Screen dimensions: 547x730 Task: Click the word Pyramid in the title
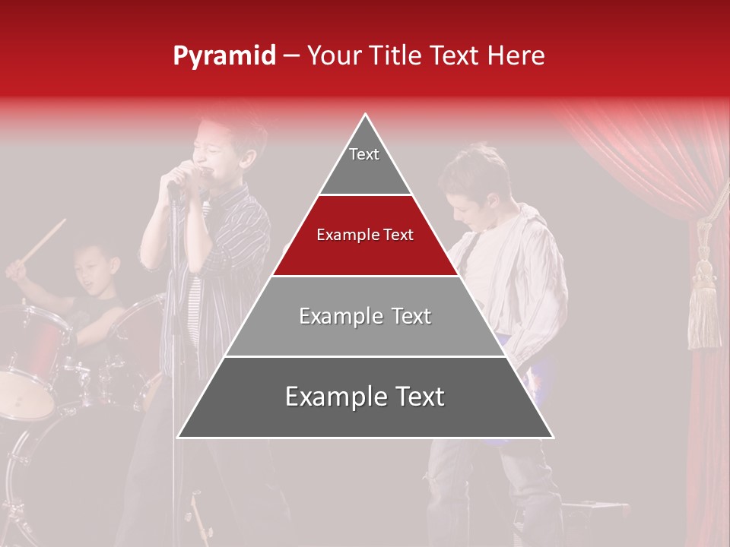(224, 56)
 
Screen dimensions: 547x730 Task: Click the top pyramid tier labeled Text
(364, 160)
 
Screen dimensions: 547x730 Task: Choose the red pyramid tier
(365, 236)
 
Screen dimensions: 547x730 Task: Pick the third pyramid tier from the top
(365, 316)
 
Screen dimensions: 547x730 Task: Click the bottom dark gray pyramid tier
(365, 397)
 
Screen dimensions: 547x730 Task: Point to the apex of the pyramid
(366, 115)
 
